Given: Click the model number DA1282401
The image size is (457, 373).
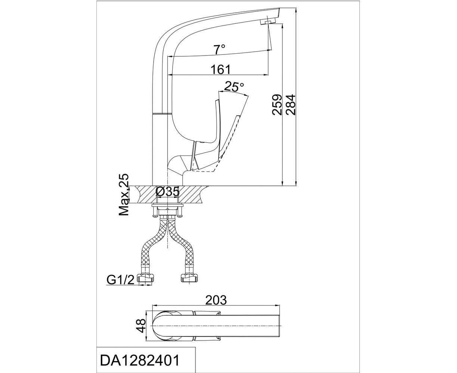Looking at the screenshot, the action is pos(139,360).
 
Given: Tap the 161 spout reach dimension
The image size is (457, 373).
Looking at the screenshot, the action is pos(220,69).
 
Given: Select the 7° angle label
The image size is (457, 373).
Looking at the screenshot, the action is pos(220,49).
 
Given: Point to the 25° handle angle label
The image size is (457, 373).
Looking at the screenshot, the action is pos(234,86).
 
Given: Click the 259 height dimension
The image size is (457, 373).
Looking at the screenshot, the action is pos(277,104).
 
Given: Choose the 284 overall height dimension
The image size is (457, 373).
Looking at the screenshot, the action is pos(290,104).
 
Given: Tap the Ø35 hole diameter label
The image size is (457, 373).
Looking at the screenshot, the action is pos(167,191).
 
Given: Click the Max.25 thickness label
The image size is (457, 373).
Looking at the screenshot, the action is pos(124,195).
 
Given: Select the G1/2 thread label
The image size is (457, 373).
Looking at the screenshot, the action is pos(120,280).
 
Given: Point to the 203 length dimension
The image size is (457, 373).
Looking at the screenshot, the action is pos(216,300).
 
